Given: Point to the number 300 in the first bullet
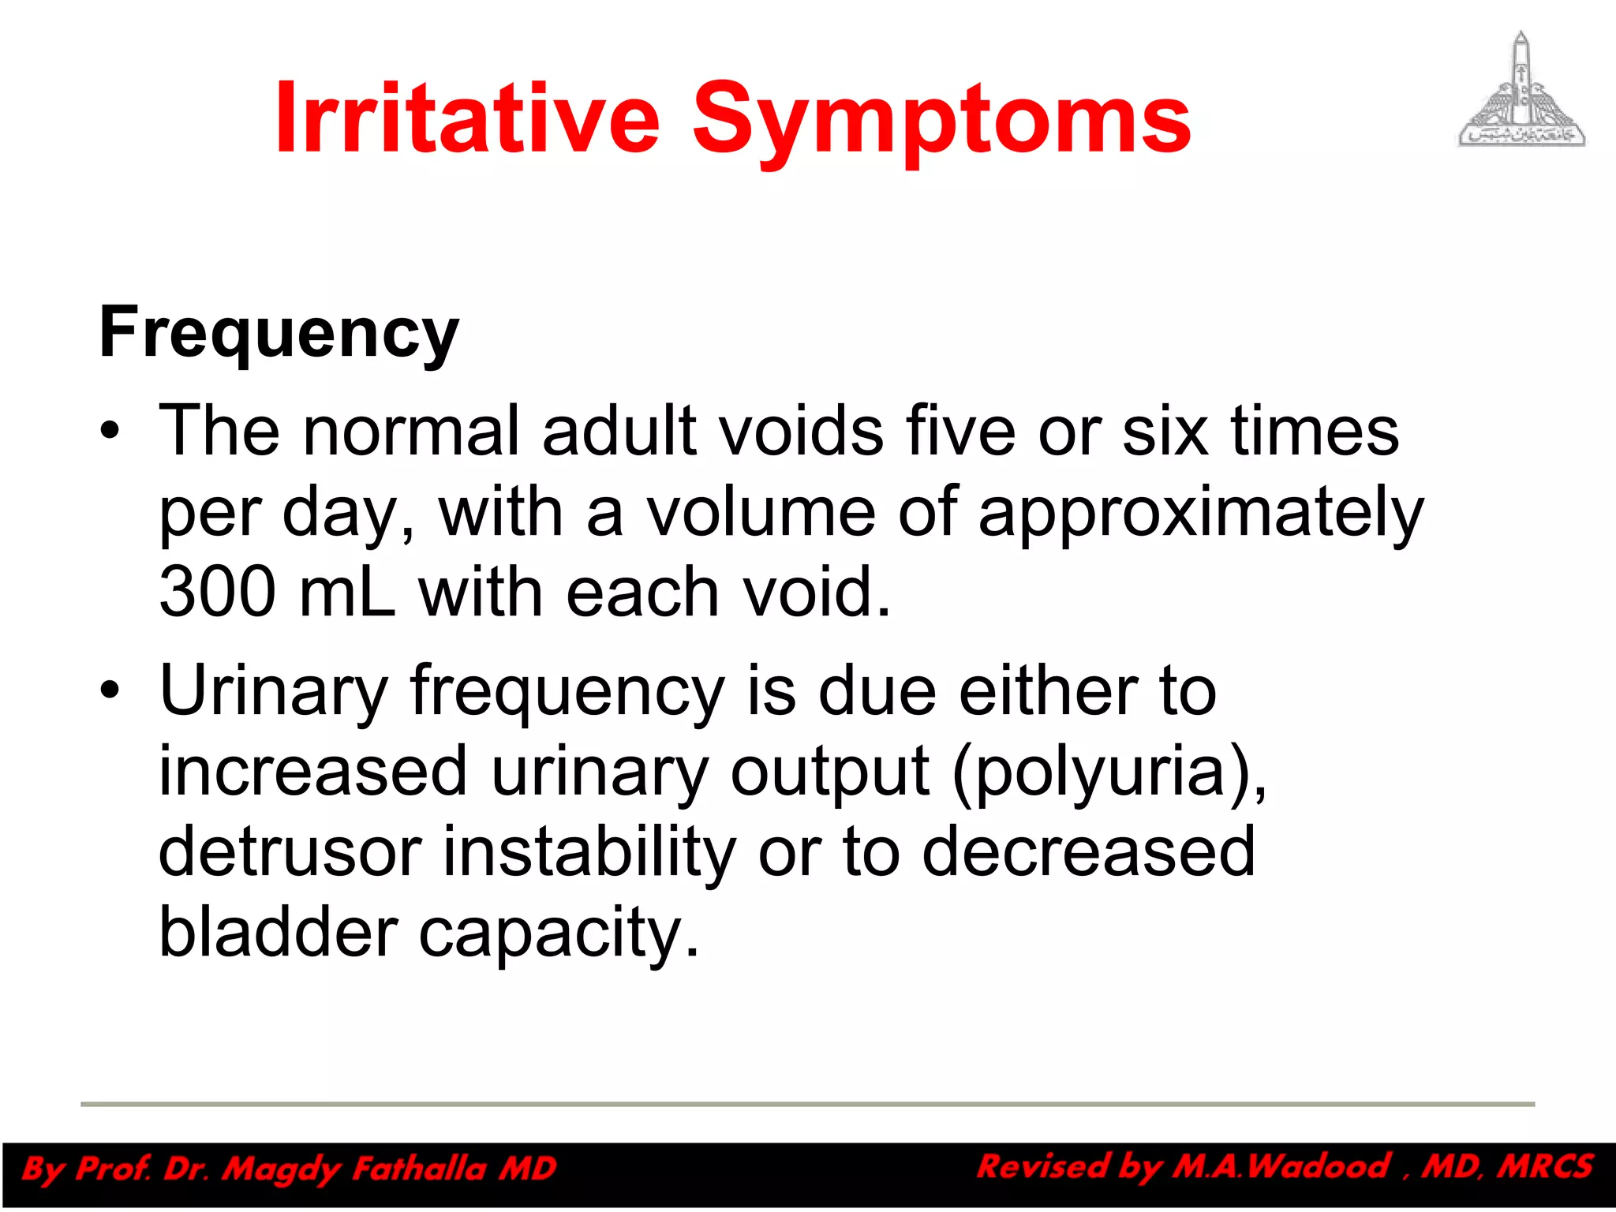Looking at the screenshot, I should (x=218, y=592).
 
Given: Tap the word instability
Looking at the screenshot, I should (x=589, y=852).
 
